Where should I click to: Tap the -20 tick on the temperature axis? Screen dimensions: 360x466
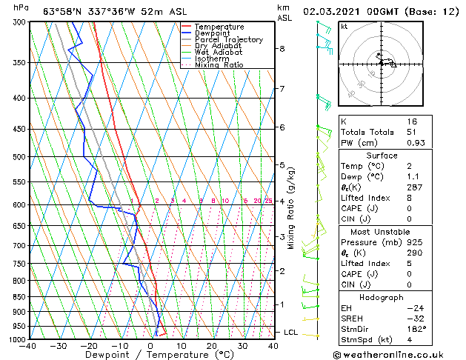coord(90,345)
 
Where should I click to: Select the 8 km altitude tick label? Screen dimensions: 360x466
coord(282,49)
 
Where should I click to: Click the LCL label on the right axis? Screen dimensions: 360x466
coord(290,332)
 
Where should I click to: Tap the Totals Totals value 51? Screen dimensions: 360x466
coord(412,132)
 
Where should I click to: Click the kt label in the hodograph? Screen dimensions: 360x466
coord(344,26)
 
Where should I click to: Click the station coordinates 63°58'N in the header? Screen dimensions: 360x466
coord(62,11)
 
